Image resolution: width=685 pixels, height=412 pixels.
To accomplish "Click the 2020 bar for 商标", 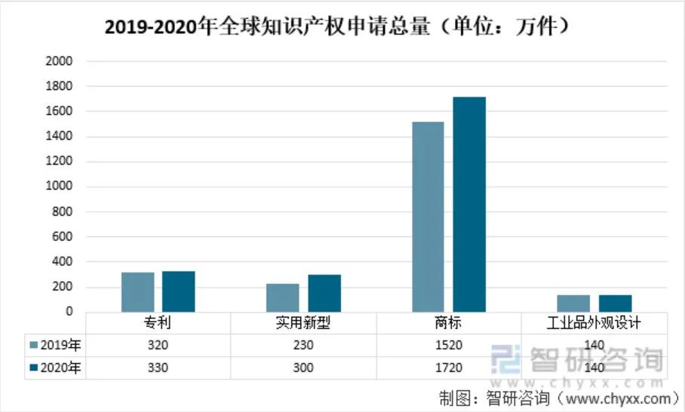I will [469, 204].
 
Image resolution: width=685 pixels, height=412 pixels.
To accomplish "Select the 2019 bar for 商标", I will [428, 217].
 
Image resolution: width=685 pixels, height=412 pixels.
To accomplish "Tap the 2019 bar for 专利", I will [137, 292].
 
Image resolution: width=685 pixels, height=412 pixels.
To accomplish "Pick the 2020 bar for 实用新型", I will [324, 293].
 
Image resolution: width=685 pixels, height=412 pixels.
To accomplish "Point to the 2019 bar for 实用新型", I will [283, 297].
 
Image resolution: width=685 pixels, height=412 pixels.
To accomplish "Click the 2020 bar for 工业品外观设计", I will [616, 303].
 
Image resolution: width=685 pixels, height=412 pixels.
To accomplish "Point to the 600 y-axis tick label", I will [62, 237].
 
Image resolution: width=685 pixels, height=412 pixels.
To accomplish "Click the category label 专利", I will [158, 323].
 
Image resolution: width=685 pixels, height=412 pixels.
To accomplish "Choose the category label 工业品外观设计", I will [594, 323].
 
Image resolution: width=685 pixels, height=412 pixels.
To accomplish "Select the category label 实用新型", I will [303, 323].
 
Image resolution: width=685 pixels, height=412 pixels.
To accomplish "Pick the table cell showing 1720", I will [449, 368].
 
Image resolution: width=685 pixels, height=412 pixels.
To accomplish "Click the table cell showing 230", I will [303, 346].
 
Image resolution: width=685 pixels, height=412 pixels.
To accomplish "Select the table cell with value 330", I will [158, 368].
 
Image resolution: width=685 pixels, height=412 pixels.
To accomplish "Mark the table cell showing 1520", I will [449, 346].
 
